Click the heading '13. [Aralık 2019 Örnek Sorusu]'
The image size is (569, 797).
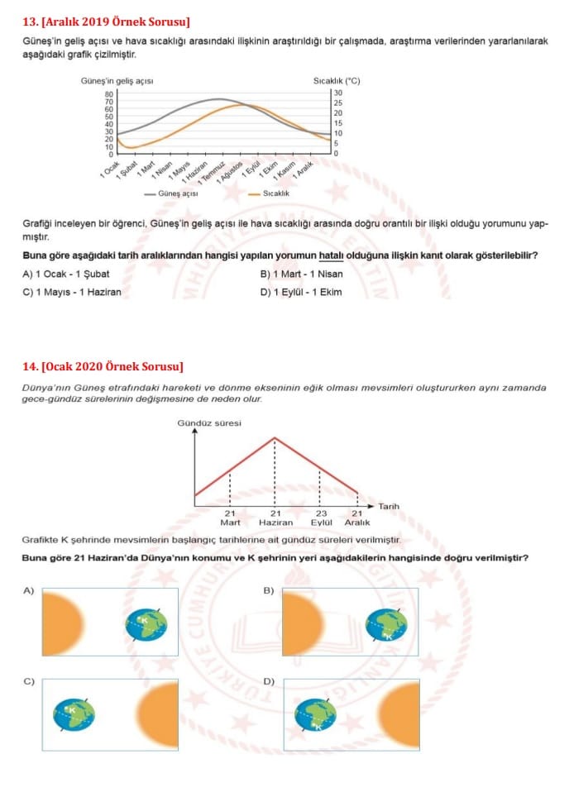coord(106,20)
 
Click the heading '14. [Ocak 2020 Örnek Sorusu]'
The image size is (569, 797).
coord(103,366)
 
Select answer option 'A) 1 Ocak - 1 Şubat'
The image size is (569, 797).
coord(66,274)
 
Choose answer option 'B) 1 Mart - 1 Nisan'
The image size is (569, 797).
coord(301,274)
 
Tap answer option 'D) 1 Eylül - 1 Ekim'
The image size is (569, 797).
coord(301,292)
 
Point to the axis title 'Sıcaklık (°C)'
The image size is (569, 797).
coord(337,81)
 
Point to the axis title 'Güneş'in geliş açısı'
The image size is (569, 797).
coord(117,81)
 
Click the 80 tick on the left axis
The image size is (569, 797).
coord(108,93)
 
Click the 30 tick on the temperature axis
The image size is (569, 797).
coord(337,93)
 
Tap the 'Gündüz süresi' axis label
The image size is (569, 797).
coord(209,423)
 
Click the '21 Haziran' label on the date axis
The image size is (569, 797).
coord(275,518)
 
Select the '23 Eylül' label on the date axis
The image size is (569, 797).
coord(321,518)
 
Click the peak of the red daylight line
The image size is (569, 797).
coord(275,437)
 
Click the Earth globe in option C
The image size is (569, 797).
coord(74,713)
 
